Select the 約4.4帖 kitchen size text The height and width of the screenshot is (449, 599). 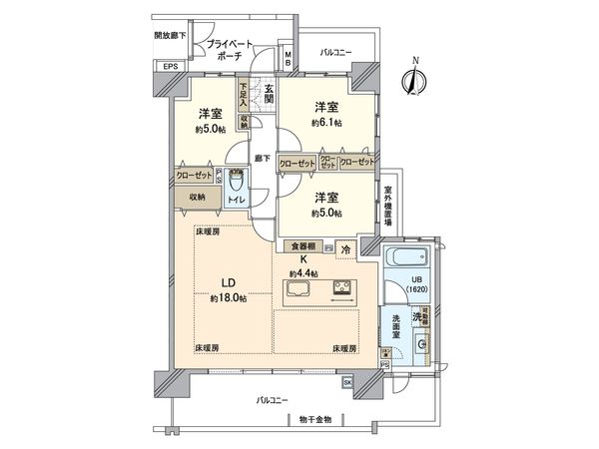point(303,273)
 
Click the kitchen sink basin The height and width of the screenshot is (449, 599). point(299,291)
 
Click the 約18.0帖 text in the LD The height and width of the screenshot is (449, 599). point(228,298)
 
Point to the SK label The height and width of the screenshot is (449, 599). point(347,382)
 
